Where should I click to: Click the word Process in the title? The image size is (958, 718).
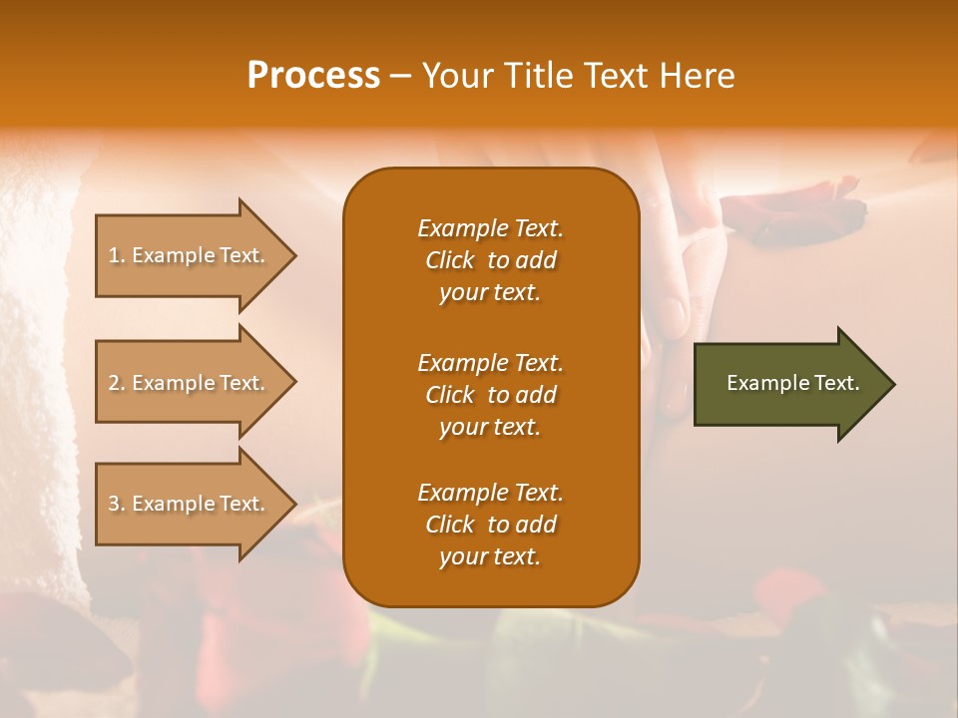313,76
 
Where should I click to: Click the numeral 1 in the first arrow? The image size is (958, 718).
114,255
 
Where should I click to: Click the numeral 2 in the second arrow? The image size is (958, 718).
114,383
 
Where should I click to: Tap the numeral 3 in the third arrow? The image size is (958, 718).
114,504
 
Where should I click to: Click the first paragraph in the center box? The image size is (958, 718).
490,260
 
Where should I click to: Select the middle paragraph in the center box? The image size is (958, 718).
490,395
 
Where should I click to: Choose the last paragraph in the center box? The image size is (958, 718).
490,525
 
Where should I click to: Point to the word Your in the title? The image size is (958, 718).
455,76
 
